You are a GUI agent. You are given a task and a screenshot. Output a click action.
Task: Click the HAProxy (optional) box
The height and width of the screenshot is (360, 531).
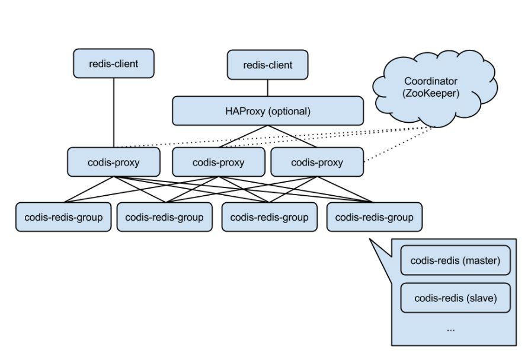[268, 111]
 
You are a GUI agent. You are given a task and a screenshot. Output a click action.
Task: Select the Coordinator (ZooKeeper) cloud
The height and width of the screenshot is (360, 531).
[434, 88]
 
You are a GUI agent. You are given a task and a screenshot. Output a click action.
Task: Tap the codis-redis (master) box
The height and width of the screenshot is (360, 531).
[455, 260]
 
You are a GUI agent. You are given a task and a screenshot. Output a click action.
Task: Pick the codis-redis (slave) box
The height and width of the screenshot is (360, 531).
[455, 298]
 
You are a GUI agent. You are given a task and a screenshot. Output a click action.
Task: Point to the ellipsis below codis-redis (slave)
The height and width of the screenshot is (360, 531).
[451, 330]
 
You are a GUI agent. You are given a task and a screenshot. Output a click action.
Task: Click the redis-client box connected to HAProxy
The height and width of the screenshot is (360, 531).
[267, 65]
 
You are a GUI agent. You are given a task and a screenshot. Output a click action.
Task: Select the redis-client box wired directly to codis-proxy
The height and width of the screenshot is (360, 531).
[114, 63]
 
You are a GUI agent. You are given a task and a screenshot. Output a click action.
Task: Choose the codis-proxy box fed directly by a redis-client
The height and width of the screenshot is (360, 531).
[114, 162]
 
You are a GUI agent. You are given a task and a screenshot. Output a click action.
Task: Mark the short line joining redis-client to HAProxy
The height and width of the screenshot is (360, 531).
[267, 88]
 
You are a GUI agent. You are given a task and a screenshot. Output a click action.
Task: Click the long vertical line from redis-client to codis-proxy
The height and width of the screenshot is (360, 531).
[114, 113]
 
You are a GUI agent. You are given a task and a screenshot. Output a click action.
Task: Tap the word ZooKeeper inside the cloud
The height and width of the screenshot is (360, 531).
[431, 93]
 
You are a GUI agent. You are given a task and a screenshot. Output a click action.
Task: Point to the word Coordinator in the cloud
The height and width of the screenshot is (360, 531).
[431, 81]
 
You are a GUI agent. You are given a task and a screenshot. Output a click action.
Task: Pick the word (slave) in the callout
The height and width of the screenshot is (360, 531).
[482, 298]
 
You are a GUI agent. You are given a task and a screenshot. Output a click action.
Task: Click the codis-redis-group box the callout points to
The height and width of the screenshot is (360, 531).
[375, 217]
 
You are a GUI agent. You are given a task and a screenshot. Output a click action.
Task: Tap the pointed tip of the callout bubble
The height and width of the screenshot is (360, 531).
[370, 239]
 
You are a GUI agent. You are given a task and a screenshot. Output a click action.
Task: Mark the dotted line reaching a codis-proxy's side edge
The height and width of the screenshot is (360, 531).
[399, 144]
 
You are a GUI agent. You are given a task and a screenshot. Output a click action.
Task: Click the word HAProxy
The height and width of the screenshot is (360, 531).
[245, 111]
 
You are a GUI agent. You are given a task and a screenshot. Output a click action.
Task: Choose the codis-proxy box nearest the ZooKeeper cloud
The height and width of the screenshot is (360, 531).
[317, 162]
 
